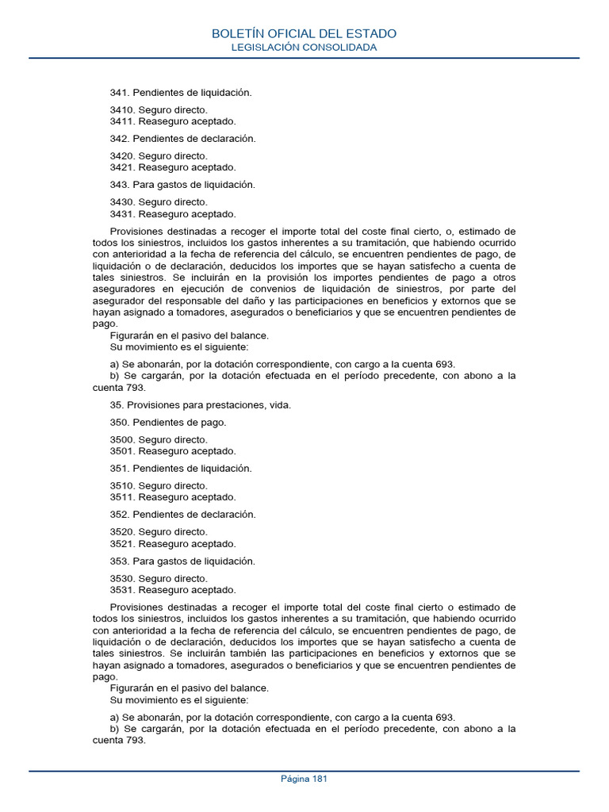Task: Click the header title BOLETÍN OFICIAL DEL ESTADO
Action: (x=304, y=33)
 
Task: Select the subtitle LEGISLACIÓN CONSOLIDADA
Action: (x=304, y=48)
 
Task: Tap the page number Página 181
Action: (x=304, y=779)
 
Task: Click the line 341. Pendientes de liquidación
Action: (x=181, y=93)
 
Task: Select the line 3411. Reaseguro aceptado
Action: (x=173, y=121)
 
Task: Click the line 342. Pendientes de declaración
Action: (x=183, y=139)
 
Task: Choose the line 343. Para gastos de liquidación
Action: (x=182, y=185)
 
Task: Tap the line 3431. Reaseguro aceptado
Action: (x=173, y=214)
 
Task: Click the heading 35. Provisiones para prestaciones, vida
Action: (x=201, y=405)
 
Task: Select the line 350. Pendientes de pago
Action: (x=168, y=423)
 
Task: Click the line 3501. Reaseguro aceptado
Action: (x=173, y=451)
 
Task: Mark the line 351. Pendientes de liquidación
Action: (x=181, y=469)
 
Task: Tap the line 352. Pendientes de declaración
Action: (x=183, y=515)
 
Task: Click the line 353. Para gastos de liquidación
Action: (x=182, y=561)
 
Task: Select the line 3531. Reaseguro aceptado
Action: (x=173, y=590)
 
